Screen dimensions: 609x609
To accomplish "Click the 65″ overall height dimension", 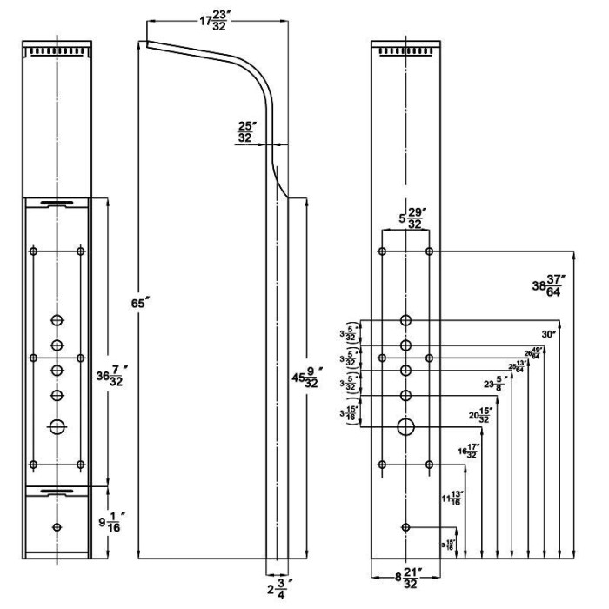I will coord(147,304).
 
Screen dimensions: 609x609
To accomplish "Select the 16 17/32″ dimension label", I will coord(468,452).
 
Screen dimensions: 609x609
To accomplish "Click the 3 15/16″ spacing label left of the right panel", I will coord(351,414).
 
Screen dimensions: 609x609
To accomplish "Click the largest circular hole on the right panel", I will coord(405,426).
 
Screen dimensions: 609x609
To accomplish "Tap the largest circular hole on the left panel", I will coord(57,426).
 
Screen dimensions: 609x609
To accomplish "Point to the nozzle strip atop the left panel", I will coord(57,52).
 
